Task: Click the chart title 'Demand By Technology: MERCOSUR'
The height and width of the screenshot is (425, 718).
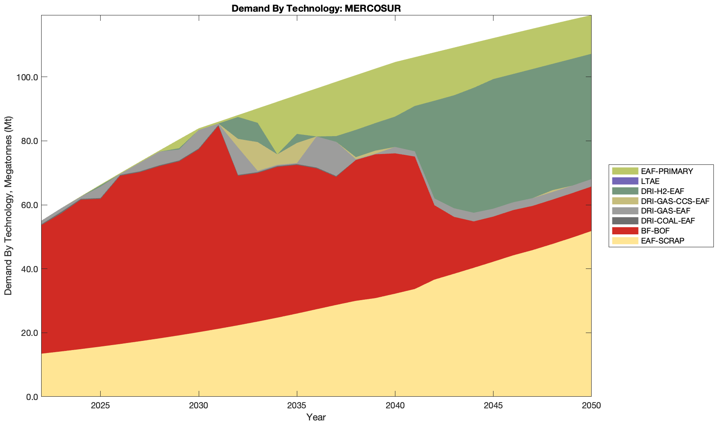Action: [x=316, y=8]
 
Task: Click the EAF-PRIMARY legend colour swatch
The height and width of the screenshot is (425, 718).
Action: [x=624, y=171]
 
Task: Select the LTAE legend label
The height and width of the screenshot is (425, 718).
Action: [x=650, y=181]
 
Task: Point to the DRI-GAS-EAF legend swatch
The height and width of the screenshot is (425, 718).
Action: [x=624, y=211]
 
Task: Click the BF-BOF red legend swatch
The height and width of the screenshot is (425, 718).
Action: [x=624, y=231]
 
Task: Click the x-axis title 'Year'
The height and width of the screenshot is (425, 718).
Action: [x=316, y=417]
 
